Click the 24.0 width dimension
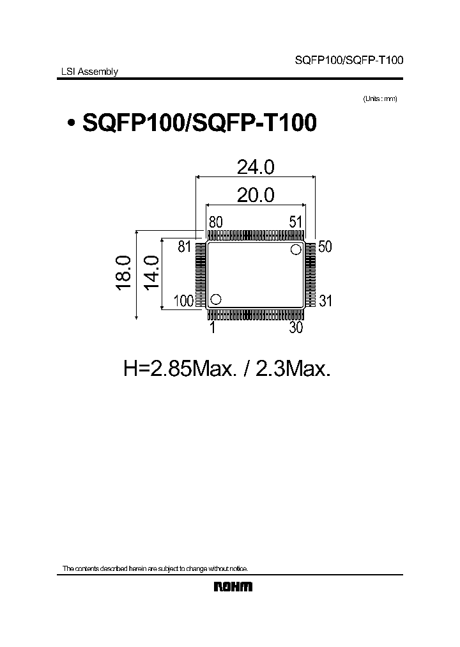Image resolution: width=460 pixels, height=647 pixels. pos(256,167)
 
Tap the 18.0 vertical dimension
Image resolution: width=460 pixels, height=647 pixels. pos(124,275)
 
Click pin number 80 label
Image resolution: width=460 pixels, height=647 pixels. pos(215,222)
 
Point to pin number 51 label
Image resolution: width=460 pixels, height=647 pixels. pos(295,222)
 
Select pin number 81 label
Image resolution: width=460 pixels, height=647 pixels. pos(185,247)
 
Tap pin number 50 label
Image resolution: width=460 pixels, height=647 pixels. pos(325,247)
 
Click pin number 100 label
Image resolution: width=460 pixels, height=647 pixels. pos(183,301)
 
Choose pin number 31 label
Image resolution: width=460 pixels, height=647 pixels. pos(325,301)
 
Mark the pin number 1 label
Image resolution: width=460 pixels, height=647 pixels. pos(211,327)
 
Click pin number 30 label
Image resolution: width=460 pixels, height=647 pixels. pos(295,327)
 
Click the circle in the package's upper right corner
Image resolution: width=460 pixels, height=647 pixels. pos(296,249)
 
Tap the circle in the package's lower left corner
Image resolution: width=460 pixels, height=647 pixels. pos(216,299)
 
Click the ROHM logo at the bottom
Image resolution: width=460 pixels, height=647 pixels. pos(233,587)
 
